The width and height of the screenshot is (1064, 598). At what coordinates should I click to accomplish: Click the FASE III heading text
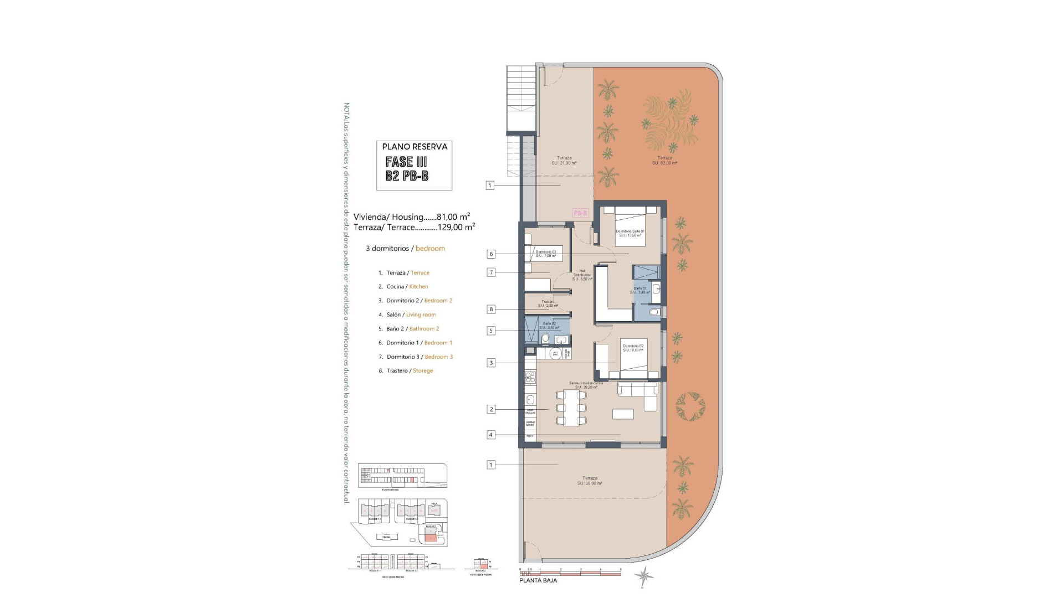406,162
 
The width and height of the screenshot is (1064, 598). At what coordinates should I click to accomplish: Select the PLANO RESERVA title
415,147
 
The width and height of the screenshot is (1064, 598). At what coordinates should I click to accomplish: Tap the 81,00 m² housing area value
453,217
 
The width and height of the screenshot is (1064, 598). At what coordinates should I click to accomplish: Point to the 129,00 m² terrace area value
456,227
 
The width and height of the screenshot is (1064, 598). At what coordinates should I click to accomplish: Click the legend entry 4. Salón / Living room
407,315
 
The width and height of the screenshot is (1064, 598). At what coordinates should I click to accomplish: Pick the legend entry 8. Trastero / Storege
406,370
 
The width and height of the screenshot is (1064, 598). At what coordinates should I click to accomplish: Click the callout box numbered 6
491,254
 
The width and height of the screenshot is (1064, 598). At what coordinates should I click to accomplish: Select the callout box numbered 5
490,331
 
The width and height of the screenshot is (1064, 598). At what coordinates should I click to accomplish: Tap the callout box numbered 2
491,409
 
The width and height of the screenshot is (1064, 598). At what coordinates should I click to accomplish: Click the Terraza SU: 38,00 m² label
590,481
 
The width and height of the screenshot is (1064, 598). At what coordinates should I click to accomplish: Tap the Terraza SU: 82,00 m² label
664,161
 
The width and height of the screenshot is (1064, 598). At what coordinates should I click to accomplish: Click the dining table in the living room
571,408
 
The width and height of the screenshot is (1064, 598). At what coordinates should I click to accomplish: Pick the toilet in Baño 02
545,339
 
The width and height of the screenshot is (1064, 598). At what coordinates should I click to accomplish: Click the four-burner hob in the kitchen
530,378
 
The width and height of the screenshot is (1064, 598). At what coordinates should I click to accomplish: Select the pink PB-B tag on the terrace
580,213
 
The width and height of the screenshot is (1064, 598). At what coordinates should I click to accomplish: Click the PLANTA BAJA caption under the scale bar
538,580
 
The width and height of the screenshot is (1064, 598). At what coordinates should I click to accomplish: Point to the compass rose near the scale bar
645,578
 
